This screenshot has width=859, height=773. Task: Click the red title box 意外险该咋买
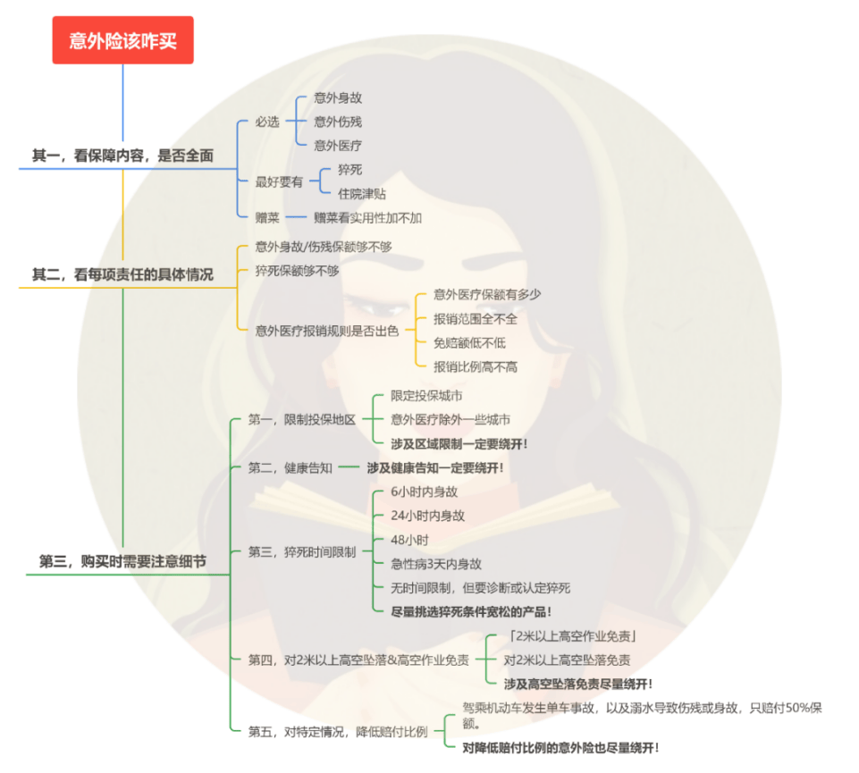[x=122, y=40]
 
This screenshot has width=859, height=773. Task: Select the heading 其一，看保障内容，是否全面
[x=122, y=155]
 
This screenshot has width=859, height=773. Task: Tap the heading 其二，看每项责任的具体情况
[x=122, y=274]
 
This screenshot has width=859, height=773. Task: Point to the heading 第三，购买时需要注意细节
[x=122, y=561]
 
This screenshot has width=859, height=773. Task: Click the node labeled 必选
[x=267, y=122]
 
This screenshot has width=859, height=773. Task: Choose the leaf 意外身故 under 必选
[x=338, y=98]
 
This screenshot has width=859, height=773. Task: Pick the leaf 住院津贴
[x=362, y=193]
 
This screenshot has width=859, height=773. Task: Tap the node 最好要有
[x=279, y=182]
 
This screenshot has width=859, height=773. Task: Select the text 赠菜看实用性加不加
[x=367, y=218]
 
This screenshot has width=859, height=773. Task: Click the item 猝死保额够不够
[x=297, y=271]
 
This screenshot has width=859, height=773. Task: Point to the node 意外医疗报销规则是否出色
[x=326, y=331]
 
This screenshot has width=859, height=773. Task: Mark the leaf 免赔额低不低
[x=469, y=343]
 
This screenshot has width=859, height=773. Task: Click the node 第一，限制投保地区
[x=302, y=420]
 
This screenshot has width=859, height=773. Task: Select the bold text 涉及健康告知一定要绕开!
[x=435, y=468]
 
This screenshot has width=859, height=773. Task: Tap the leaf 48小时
[x=409, y=540]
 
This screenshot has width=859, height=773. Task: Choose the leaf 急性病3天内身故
[x=436, y=564]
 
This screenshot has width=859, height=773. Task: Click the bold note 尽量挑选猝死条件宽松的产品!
[x=471, y=612]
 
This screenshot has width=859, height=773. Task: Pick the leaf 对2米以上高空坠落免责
[x=567, y=660]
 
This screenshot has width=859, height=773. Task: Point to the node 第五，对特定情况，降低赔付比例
[x=338, y=732]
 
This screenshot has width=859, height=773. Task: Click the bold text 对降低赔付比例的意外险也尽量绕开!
[x=560, y=748]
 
